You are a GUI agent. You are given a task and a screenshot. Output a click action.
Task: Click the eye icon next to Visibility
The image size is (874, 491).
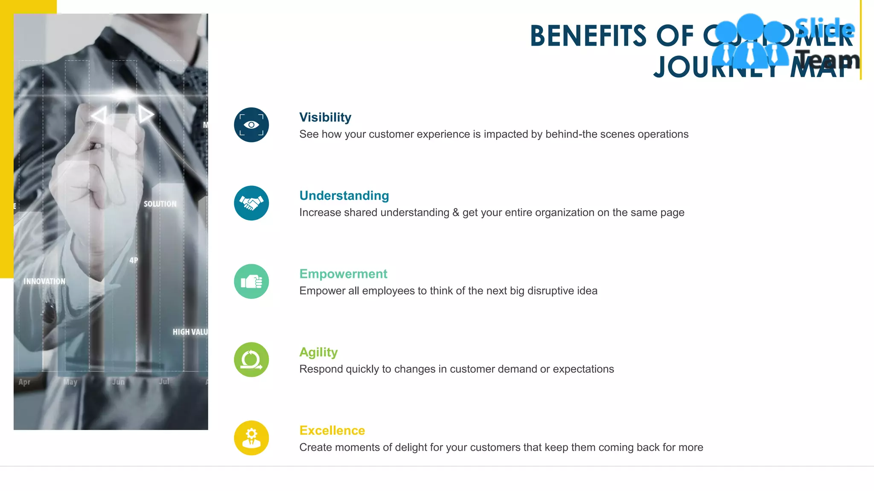(251, 125)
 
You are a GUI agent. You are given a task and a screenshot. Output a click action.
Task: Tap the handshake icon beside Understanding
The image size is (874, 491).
(251, 203)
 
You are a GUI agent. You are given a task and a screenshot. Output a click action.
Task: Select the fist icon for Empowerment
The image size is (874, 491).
(251, 281)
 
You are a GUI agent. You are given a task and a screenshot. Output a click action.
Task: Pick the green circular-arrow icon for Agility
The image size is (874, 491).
(251, 360)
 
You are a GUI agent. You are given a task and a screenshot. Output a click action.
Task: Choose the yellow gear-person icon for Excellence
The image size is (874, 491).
(251, 438)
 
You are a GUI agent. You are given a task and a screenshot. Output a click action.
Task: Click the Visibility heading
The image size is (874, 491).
(325, 117)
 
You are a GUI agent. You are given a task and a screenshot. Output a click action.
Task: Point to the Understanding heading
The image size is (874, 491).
(344, 196)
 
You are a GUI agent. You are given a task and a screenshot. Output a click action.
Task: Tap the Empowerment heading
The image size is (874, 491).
(343, 274)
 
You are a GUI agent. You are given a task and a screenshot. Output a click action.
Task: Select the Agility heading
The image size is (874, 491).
(318, 352)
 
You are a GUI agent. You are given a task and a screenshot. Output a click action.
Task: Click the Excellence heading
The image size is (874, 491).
(332, 430)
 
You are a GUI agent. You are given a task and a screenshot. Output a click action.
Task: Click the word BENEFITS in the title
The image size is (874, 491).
(588, 36)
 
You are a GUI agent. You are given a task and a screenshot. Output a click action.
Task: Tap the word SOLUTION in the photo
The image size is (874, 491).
(160, 204)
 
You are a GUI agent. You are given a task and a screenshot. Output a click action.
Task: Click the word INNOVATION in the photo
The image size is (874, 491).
(44, 281)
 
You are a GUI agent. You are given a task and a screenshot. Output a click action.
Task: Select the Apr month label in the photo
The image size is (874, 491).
(24, 382)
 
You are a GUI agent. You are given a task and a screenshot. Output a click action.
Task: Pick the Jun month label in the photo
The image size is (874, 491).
(118, 382)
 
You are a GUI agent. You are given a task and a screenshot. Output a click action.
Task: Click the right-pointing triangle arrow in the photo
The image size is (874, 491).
(146, 114)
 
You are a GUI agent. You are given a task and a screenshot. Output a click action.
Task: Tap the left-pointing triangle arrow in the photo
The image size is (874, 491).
(99, 115)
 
